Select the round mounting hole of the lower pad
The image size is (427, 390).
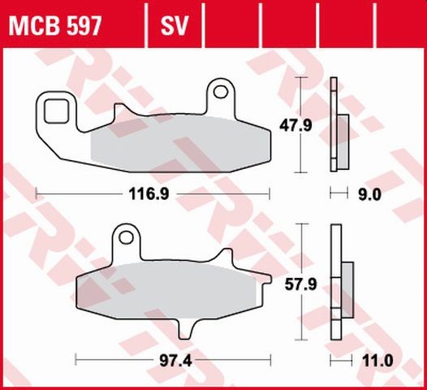(x=123, y=238)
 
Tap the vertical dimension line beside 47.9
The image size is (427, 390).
(x=302, y=125)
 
